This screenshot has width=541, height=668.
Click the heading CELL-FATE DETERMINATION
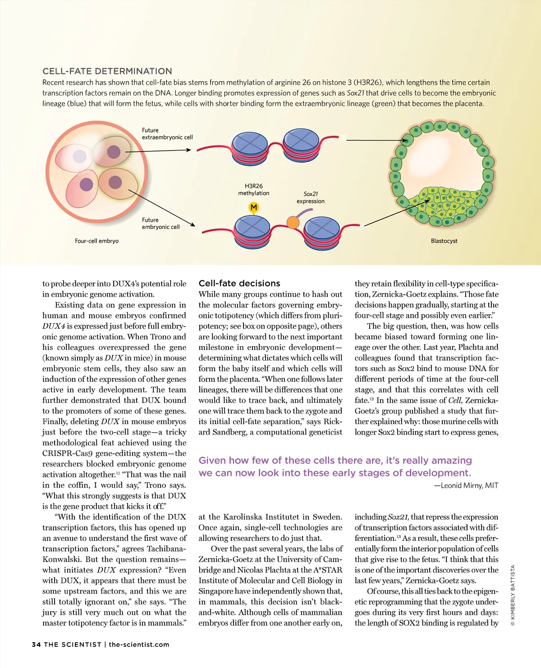pos(107,71)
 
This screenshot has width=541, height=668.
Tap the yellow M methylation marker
pos(254,207)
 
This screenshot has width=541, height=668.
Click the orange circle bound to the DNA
pos(293,222)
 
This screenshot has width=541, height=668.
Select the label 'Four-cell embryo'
pos(96,241)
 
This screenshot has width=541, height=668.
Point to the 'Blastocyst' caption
pos(444,241)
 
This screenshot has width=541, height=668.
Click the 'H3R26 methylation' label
pos(254,190)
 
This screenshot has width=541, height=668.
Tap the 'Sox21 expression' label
pos(310,197)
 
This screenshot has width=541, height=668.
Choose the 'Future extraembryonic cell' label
pos(167,134)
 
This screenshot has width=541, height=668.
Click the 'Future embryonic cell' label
pos(160,224)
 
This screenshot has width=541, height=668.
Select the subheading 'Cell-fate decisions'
pos(239,284)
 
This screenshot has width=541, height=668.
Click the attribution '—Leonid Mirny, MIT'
pos(466,485)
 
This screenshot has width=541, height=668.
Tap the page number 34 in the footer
pos(36,645)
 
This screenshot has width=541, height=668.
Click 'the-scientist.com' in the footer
pos(139,645)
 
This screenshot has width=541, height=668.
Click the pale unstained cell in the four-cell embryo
pos(80,156)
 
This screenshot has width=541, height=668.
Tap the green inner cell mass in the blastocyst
pos(440,205)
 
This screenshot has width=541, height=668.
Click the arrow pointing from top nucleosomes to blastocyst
pos(376,140)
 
